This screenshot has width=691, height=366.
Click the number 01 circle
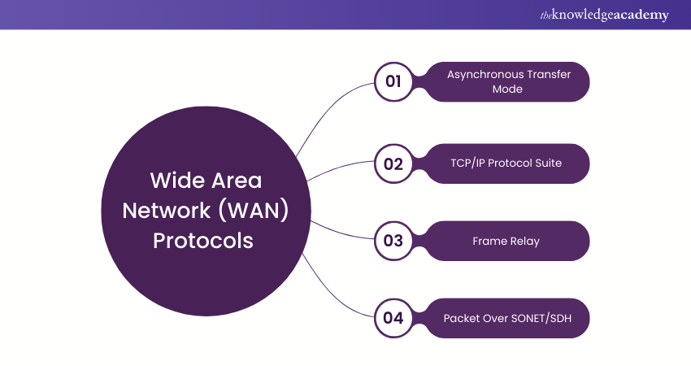(393, 82)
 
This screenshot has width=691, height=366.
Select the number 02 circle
(393, 163)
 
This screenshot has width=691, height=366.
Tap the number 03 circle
(393, 241)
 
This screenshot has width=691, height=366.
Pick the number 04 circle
(393, 318)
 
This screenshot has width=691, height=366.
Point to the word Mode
(508, 89)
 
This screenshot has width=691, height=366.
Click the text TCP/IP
(469, 163)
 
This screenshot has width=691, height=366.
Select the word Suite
(549, 163)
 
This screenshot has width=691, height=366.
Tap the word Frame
(488, 242)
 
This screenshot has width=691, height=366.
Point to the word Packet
(462, 318)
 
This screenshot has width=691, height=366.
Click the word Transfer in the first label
(550, 75)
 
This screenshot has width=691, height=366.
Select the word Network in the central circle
(164, 210)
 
